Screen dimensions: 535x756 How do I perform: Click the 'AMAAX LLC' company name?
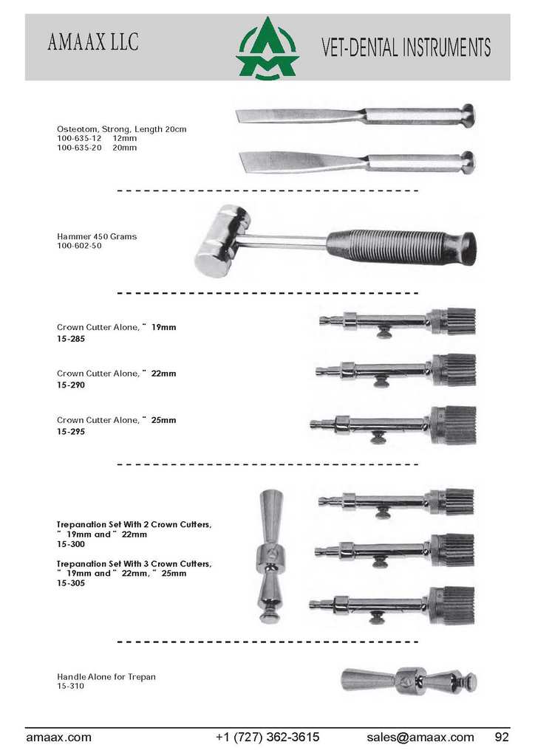[x=93, y=42]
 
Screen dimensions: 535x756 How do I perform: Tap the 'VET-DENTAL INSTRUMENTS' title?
[x=406, y=47]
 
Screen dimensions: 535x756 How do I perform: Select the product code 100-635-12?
[x=79, y=138]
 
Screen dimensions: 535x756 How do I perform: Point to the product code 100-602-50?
[x=79, y=246]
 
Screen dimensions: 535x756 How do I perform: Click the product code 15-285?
[x=71, y=339]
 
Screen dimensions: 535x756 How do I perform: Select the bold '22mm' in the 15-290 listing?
[x=163, y=374]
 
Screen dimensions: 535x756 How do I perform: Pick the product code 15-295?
[x=71, y=432]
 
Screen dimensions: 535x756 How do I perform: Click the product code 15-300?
[x=71, y=544]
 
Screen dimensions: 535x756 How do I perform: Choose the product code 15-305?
[x=71, y=583]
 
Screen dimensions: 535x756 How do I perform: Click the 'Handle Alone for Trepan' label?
[x=106, y=677]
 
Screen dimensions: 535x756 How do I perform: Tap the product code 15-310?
[x=70, y=686]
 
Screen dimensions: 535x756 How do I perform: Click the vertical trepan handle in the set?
[x=270, y=557]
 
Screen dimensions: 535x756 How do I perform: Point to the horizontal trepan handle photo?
[x=409, y=681]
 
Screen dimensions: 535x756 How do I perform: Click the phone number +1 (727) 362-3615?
[x=267, y=738]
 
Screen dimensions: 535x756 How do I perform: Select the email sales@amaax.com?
[x=420, y=738]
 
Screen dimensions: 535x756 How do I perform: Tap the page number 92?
[x=502, y=738]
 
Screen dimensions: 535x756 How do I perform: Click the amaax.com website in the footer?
[x=58, y=738]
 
